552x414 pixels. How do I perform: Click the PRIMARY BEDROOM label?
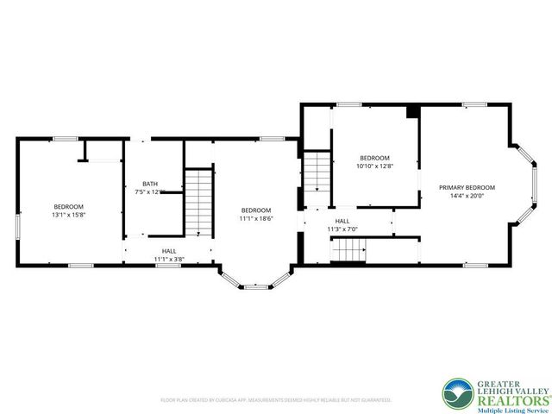467,187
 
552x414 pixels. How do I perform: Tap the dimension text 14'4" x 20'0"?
467,196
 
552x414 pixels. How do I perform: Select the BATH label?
148,184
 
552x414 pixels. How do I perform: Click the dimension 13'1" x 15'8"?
69,214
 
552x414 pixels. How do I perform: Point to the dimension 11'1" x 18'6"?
256,219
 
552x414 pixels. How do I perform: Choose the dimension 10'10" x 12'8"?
374,166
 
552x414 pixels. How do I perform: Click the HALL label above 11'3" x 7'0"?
342,221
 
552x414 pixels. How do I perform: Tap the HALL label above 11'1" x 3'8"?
169,250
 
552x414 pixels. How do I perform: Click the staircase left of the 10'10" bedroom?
317,171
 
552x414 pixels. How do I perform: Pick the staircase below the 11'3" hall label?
350,251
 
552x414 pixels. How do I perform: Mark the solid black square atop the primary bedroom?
412,110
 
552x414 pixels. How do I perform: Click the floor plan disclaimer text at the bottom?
276,400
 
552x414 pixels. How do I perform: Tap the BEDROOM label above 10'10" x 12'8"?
374,158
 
